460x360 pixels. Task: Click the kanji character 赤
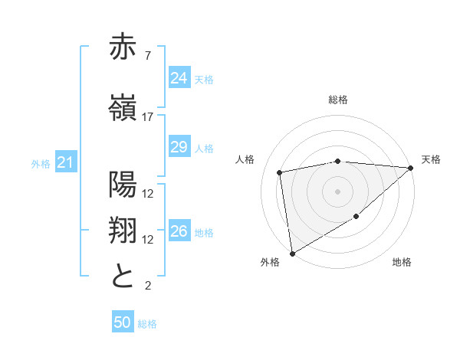123,47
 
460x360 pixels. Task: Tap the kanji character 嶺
123,107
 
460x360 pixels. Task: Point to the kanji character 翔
123,230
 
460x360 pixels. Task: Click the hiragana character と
123,276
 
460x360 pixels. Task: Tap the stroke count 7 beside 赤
148,56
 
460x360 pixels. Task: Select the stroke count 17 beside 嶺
148,117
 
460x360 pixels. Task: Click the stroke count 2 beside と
148,286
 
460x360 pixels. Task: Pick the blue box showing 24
179,78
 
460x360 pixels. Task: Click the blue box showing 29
179,147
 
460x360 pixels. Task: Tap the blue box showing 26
179,231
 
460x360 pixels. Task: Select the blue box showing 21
65,162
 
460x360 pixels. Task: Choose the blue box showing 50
122,323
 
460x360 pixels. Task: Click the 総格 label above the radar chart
338,100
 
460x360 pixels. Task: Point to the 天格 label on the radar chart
431,159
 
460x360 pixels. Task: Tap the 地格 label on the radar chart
402,263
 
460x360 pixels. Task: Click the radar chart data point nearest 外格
291,253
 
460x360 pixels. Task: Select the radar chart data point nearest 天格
410,168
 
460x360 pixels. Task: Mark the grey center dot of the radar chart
338,191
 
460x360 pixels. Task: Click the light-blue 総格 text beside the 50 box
147,324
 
